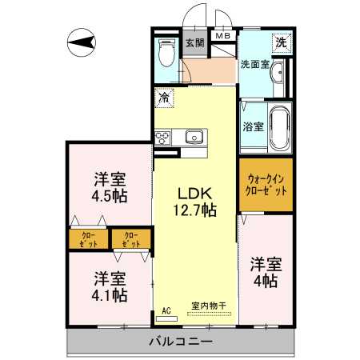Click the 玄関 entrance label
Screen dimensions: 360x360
point(194,43)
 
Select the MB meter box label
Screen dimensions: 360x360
point(222,35)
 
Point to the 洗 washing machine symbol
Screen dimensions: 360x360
point(281,42)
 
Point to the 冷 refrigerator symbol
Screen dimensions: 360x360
point(163,98)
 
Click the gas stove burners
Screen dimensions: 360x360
point(164,137)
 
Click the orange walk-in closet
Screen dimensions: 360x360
point(266,185)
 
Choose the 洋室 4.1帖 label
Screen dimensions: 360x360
point(109,286)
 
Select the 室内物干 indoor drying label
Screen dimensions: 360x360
point(210,306)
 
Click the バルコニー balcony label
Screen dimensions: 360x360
point(180,342)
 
